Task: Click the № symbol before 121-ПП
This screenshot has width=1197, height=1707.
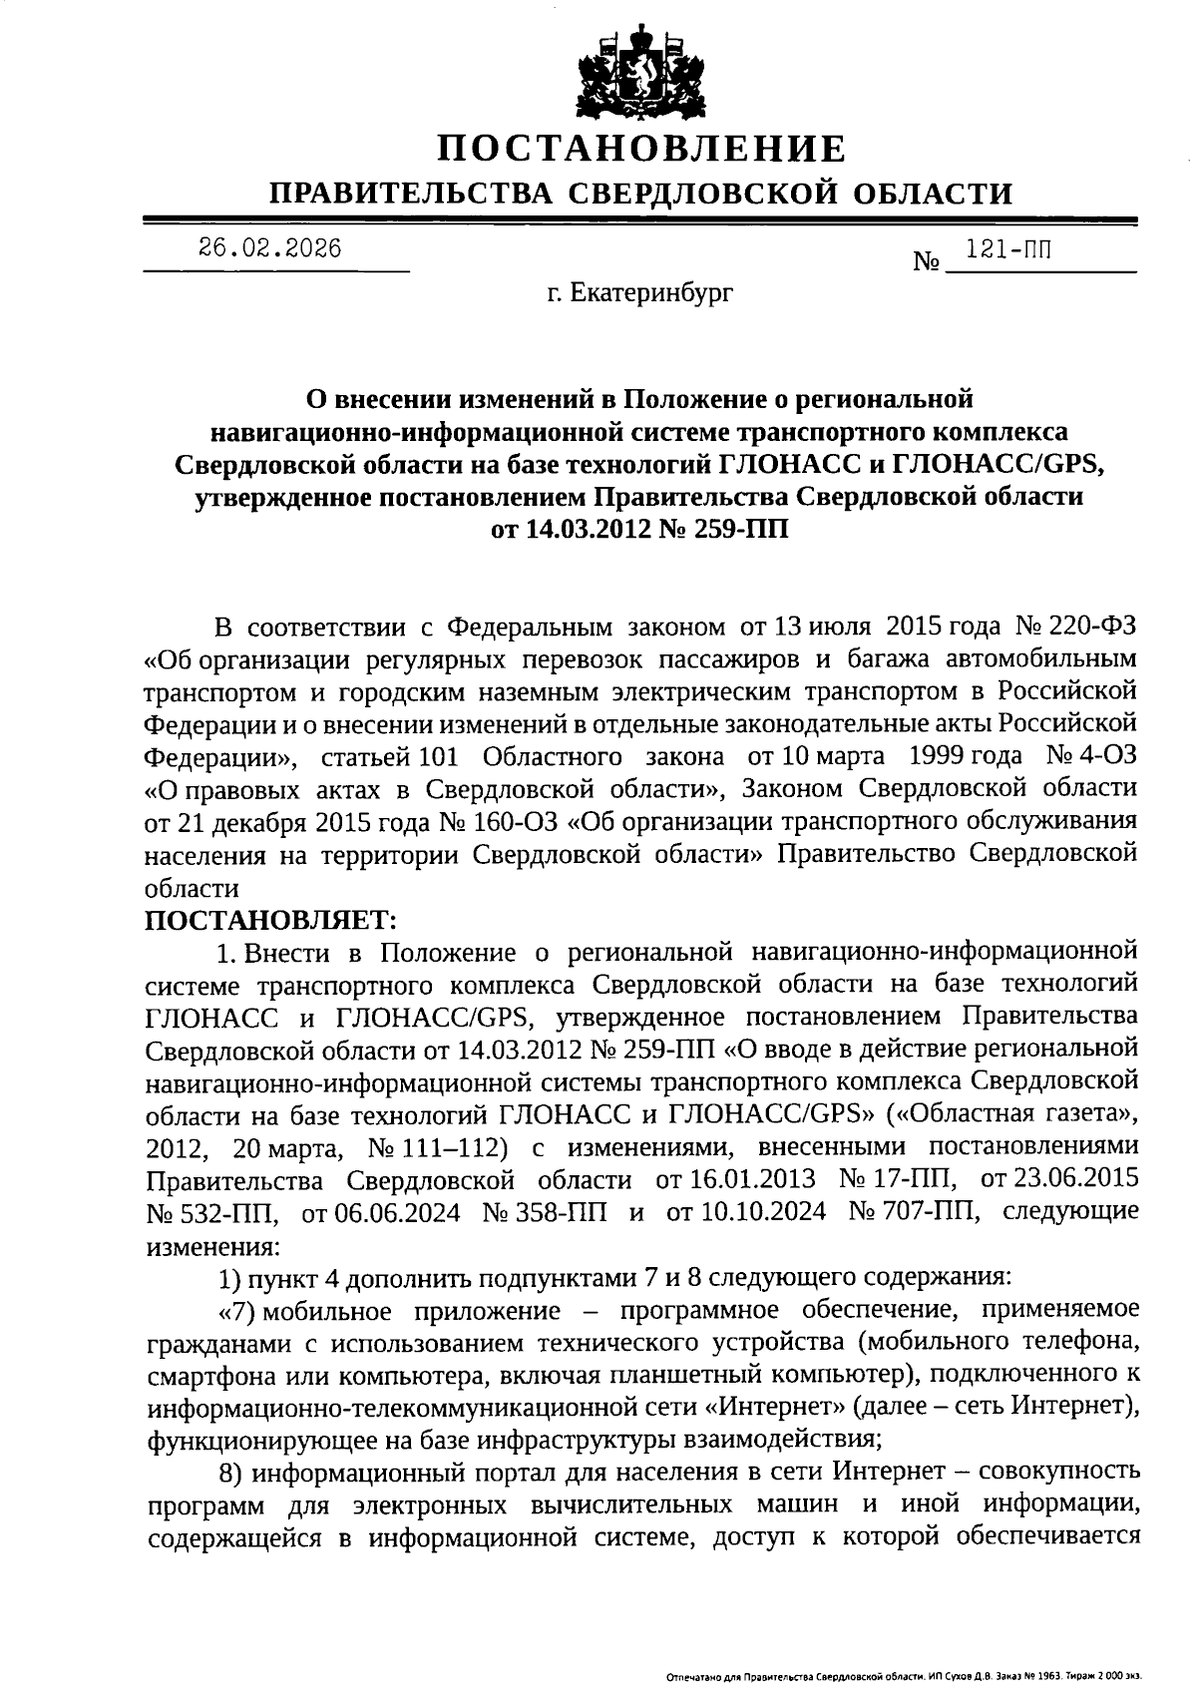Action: [x=927, y=263]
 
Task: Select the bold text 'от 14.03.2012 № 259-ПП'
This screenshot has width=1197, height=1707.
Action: [x=640, y=529]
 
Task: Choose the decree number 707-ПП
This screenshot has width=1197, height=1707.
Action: [x=930, y=1211]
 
